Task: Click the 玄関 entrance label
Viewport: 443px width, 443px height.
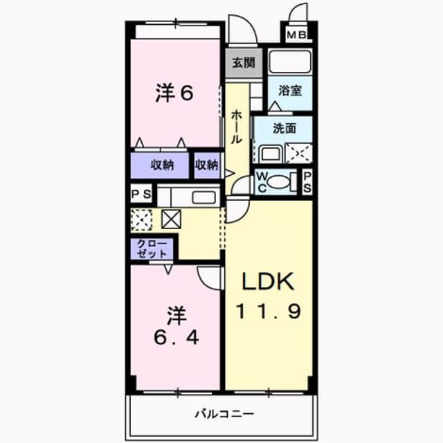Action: click(x=244, y=63)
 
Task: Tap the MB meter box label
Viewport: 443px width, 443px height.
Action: click(x=296, y=35)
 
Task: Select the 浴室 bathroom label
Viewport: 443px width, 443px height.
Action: click(x=290, y=91)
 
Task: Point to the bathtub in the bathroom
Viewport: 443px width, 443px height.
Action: click(x=290, y=62)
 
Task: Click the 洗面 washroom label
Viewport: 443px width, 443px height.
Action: click(x=284, y=129)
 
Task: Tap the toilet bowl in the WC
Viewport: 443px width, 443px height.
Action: click(x=278, y=181)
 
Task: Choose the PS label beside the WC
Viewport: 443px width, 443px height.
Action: click(x=307, y=182)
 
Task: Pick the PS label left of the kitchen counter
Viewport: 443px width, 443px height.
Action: click(x=141, y=194)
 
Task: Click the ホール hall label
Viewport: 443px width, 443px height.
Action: click(x=236, y=127)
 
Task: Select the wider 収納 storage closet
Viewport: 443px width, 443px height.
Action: click(x=160, y=165)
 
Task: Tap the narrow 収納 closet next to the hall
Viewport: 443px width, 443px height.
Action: click(x=208, y=165)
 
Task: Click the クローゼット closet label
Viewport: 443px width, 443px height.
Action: click(x=152, y=248)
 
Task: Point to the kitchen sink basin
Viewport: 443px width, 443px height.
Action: click(x=204, y=197)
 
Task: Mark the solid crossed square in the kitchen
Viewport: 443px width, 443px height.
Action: click(x=171, y=219)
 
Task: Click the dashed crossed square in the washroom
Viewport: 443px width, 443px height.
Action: click(x=299, y=154)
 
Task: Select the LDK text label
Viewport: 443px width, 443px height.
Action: click(x=268, y=281)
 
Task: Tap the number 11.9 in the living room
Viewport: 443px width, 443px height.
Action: click(x=269, y=311)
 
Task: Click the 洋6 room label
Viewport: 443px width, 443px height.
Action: click(x=174, y=93)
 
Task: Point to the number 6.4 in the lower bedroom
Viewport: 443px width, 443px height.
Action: click(x=177, y=337)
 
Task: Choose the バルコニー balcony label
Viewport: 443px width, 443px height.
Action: click(x=225, y=414)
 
